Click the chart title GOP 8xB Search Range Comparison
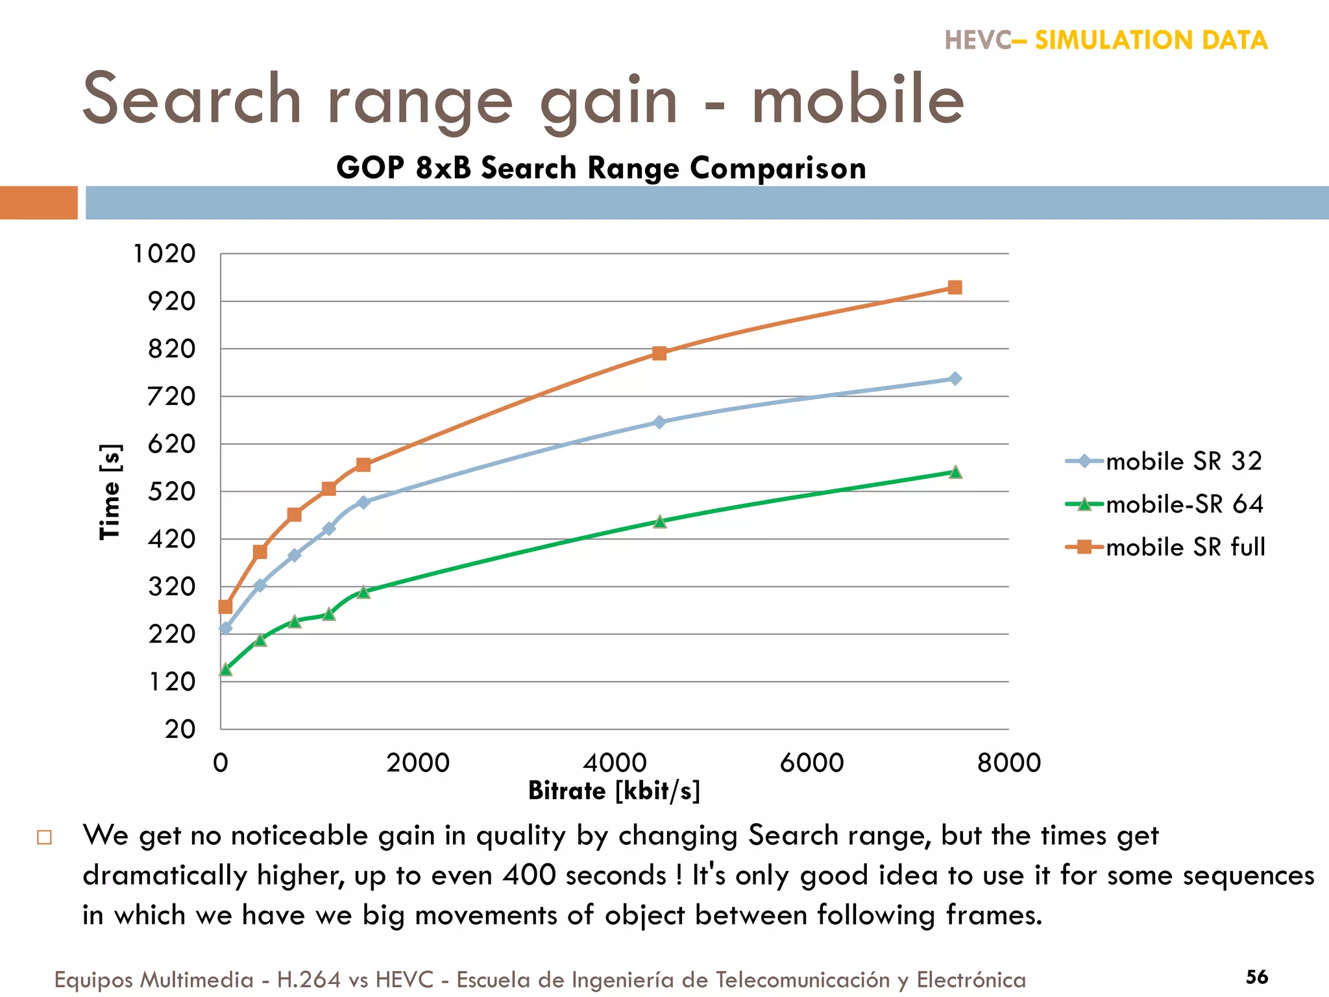coord(601,168)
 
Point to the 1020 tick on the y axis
coord(164,254)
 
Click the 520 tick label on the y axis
coord(171,491)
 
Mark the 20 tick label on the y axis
coord(180,729)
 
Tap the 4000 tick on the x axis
coord(615,763)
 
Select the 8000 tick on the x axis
coord(1008,763)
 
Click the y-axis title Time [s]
coord(110,492)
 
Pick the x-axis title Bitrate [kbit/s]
coord(614,791)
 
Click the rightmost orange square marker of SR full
coord(955,288)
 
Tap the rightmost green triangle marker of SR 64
coord(955,473)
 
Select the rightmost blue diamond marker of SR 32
coord(955,378)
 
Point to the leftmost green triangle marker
coord(226,670)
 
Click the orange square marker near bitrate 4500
coord(659,353)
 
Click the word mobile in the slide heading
coord(858,101)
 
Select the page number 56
coord(1257,977)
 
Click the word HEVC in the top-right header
coord(977,40)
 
